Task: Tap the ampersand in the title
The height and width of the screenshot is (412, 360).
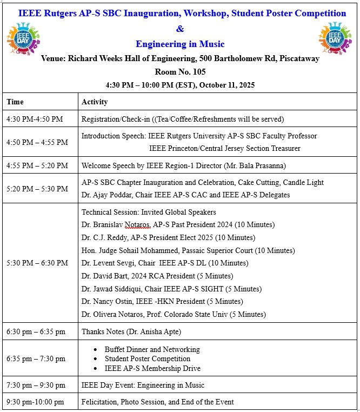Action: pyautogui.click(x=180, y=28)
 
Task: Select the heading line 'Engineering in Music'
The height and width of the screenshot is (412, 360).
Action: pyautogui.click(x=180, y=44)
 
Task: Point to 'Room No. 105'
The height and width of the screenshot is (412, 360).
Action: pyautogui.click(x=180, y=71)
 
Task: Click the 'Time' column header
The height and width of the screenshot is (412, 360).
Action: pyautogui.click(x=15, y=102)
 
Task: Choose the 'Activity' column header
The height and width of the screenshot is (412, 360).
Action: pyautogui.click(x=95, y=102)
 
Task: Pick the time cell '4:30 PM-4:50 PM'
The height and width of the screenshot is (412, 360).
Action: pyautogui.click(x=35, y=119)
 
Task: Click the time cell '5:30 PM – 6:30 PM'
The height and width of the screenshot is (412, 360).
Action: pyautogui.click(x=37, y=263)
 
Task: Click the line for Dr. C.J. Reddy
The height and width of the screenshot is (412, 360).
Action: pyautogui.click(x=168, y=237)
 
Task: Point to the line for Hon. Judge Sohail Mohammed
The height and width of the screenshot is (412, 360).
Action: pyautogui.click(x=188, y=250)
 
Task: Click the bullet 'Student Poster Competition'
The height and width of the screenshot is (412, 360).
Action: pyautogui.click(x=148, y=358)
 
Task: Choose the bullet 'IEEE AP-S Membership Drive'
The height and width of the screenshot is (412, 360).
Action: pyautogui.click(x=152, y=368)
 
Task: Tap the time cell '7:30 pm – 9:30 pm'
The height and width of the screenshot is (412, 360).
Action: pyautogui.click(x=35, y=385)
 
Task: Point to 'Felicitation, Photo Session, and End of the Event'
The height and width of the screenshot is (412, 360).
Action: pyautogui.click(x=157, y=402)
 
